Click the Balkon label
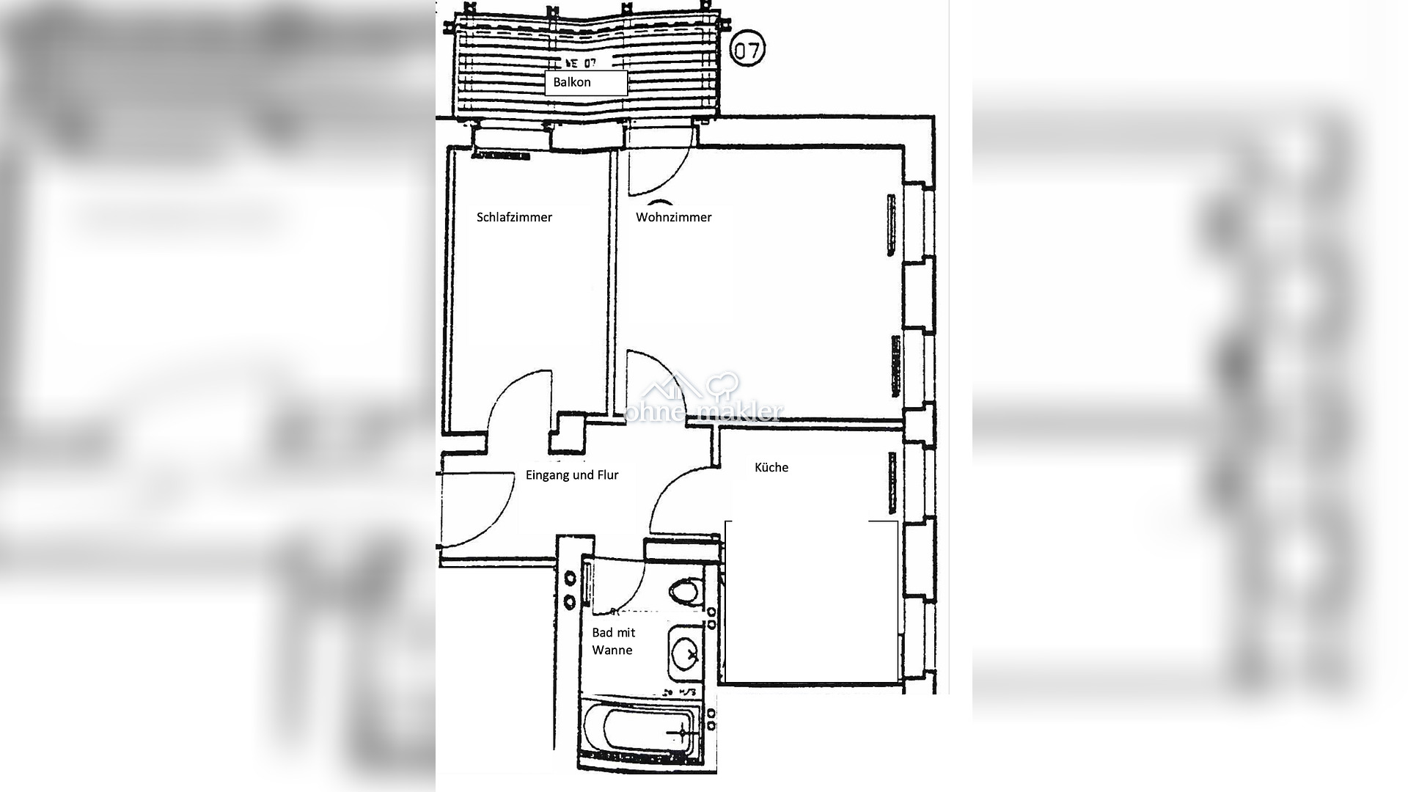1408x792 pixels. [572, 82]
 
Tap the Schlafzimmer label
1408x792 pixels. [514, 217]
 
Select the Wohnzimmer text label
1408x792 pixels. [673, 217]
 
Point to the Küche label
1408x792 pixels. [771, 467]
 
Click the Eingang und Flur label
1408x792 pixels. [572, 475]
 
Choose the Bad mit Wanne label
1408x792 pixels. [613, 641]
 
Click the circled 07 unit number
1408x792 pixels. [748, 50]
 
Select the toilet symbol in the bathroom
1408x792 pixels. [686, 592]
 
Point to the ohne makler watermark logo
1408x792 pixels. [703, 400]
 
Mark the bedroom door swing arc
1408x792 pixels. [517, 403]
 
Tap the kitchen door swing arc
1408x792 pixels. [678, 499]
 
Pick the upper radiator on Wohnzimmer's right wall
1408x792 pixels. [891, 225]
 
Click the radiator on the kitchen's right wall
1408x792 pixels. [892, 483]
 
